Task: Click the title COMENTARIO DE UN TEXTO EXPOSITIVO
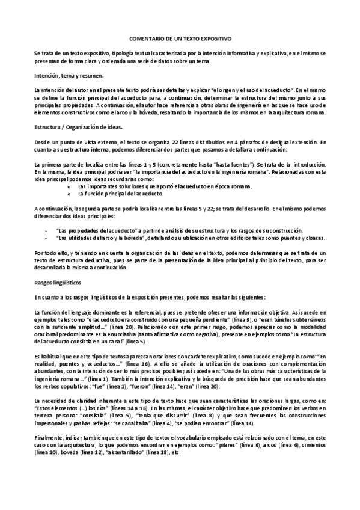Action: [x=180, y=37]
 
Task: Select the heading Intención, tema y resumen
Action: [x=69, y=77]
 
